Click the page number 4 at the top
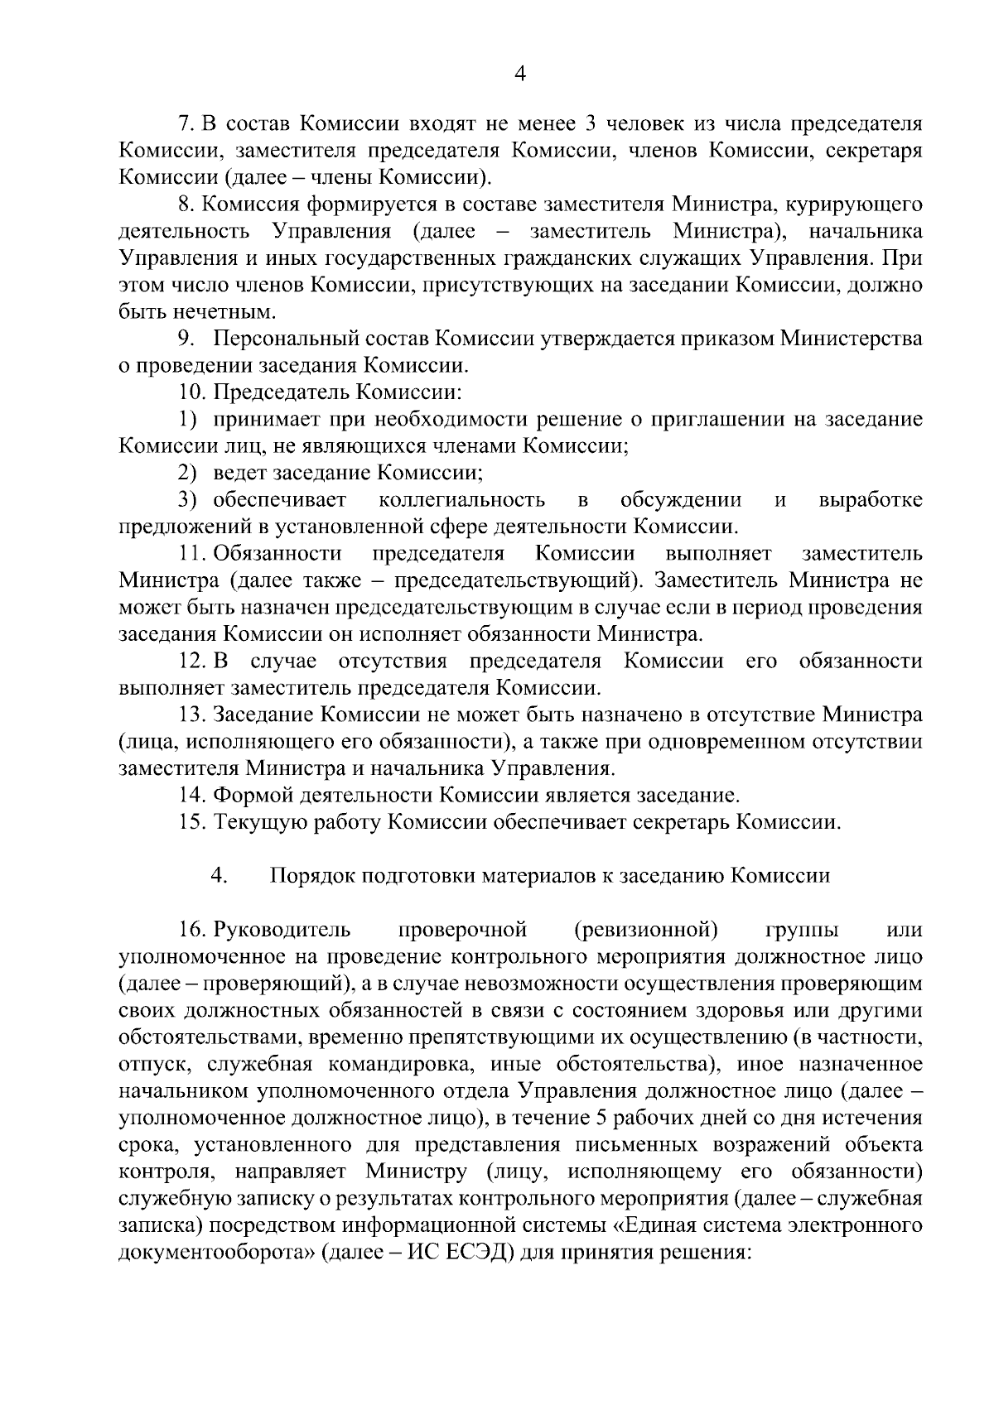click(519, 74)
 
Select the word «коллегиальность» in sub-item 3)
click(461, 500)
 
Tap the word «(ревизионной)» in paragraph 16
click(645, 930)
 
